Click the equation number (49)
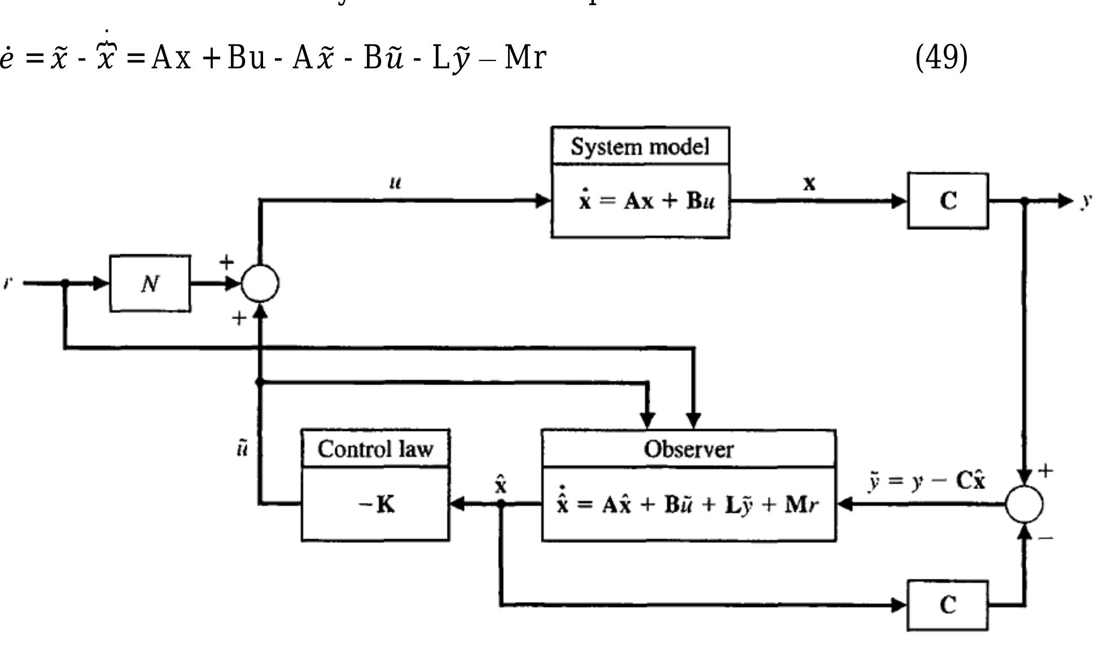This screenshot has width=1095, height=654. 941,57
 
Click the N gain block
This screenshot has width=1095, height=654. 150,284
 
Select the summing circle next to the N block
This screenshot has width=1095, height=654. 260,284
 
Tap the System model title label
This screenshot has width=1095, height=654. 640,147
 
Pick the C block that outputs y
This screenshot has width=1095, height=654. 948,201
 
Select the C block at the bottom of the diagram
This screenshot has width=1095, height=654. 948,605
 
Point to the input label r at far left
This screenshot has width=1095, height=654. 7,282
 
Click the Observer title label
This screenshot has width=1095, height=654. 688,450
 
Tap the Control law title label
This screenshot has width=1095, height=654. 375,450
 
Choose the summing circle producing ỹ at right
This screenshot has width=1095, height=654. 1024,504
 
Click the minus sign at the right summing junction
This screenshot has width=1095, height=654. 1045,538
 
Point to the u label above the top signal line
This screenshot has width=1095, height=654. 396,182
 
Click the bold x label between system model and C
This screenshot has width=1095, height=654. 809,183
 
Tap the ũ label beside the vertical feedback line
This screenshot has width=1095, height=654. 242,450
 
